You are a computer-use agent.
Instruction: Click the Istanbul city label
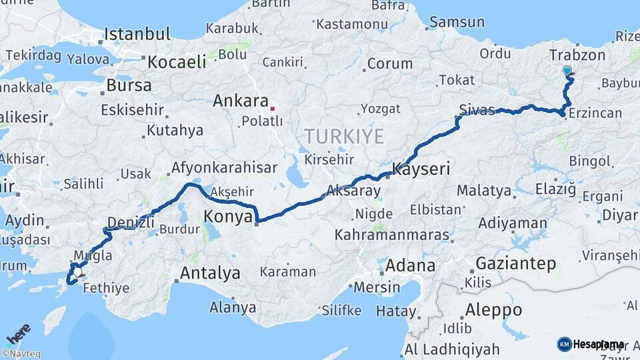coord(137,34)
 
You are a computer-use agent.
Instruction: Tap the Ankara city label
coord(240,101)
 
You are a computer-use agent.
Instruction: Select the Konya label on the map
coord(228,217)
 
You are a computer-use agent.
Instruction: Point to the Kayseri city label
coord(421,169)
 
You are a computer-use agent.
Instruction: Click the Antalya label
coord(210,273)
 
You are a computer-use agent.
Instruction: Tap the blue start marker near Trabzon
coord(567,71)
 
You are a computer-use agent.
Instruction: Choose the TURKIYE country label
coord(344,137)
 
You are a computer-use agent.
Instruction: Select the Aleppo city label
coord(493,310)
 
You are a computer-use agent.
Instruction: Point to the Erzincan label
coord(595,113)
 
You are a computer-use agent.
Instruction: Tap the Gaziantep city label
coord(516,263)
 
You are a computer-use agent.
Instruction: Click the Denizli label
coord(131,222)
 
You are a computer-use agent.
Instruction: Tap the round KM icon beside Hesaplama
coord(564,344)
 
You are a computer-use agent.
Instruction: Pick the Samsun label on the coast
coord(457,22)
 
